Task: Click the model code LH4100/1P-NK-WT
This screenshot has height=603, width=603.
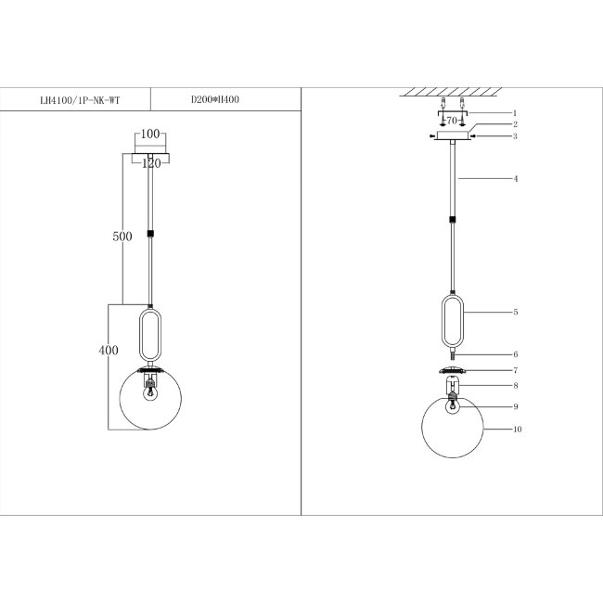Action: pyautogui.click(x=80, y=101)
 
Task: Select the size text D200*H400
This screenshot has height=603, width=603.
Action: pyautogui.click(x=215, y=99)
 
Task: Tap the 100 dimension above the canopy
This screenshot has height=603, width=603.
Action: pyautogui.click(x=150, y=134)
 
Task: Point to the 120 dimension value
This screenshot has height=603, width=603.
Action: pyautogui.click(x=151, y=163)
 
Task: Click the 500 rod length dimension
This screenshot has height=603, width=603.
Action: pyautogui.click(x=122, y=237)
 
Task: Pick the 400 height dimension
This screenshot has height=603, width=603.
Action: pyautogui.click(x=109, y=350)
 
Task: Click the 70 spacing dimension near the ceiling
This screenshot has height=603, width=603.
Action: pyautogui.click(x=452, y=121)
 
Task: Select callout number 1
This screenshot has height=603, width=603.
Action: pyautogui.click(x=515, y=113)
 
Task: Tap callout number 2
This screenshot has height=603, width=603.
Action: pyautogui.click(x=515, y=124)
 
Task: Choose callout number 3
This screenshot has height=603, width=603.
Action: pyautogui.click(x=515, y=136)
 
